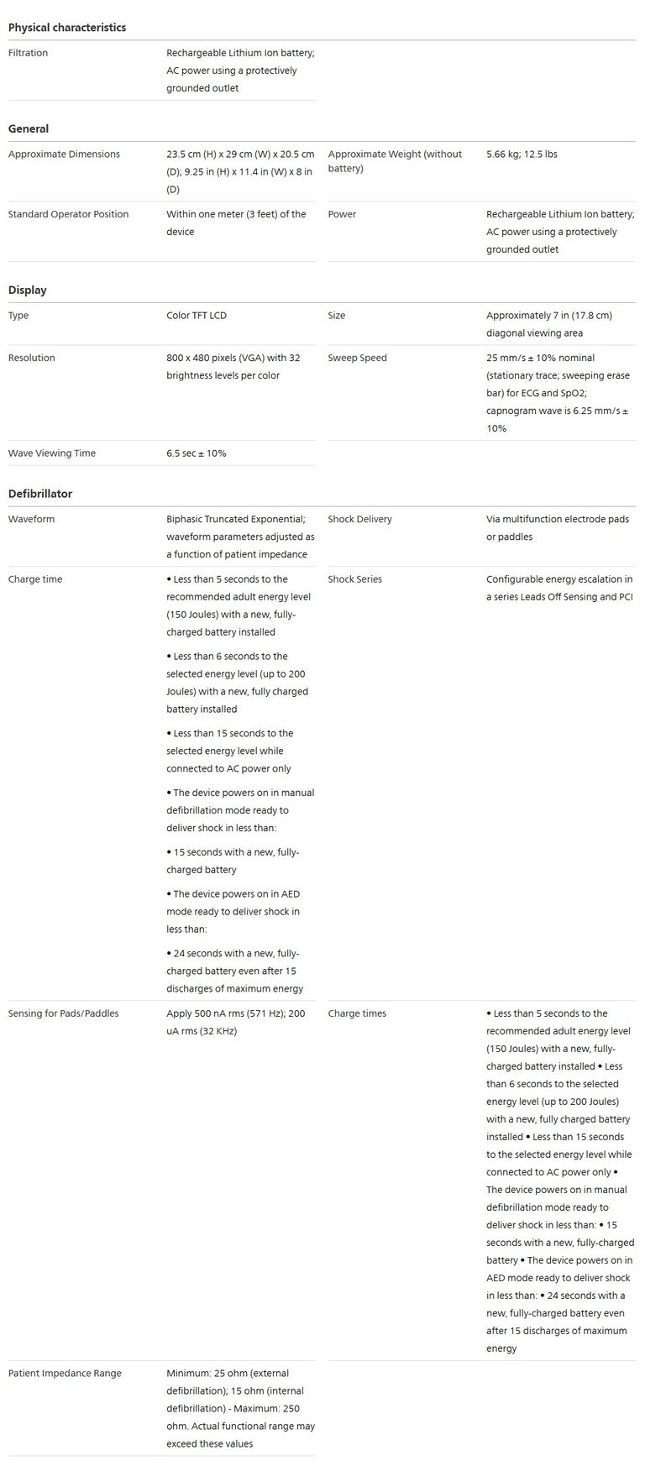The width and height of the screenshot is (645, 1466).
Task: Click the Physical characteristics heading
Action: pos(66,28)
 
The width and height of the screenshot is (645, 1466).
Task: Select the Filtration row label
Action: pos(28,53)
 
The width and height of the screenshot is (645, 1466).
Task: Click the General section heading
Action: pos(29,128)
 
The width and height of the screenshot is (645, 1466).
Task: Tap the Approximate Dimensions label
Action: pos(64,154)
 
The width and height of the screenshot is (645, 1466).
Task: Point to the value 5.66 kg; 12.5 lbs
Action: pos(522,154)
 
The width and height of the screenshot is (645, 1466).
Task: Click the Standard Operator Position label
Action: pos(68,214)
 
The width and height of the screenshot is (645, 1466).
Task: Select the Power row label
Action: pos(342,214)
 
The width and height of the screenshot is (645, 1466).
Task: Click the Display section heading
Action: pos(27,290)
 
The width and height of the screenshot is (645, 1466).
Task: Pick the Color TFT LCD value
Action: pos(197,316)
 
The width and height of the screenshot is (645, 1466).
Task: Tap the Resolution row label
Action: pos(31,358)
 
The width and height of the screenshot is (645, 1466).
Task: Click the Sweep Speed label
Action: pos(357,358)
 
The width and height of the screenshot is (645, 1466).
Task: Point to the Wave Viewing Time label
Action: pos(52,453)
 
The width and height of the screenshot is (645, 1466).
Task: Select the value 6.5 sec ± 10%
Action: pos(197,453)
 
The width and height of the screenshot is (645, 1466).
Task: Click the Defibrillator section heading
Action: pos(39,494)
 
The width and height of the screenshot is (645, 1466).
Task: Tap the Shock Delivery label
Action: pos(359,519)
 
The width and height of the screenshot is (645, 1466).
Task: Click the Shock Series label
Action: pos(354,579)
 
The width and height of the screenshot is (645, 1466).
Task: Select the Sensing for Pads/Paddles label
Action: pos(63,1013)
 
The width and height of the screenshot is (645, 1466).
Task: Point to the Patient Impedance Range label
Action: pos(65,1374)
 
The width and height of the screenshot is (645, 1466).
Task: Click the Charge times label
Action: pos(357,1013)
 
